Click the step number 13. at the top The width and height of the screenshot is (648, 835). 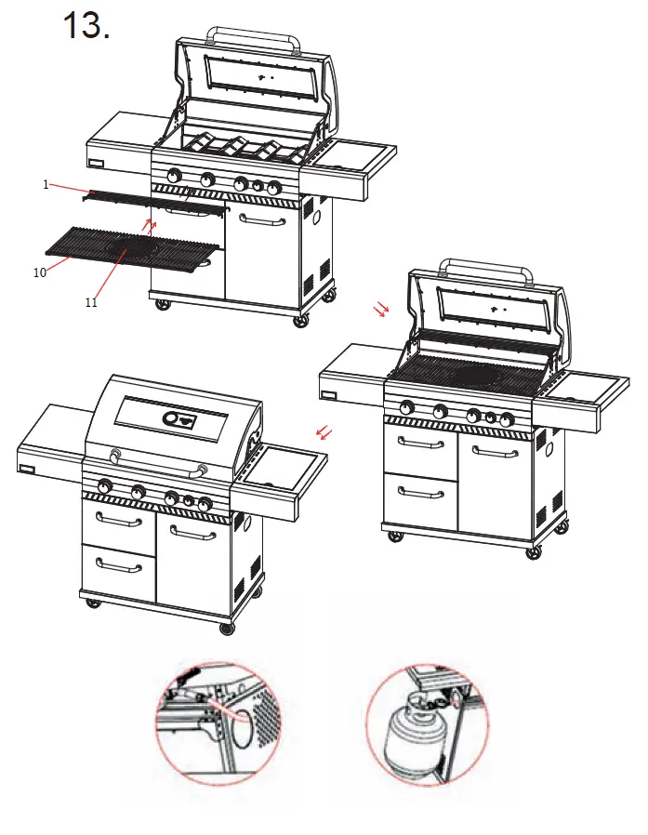(x=86, y=26)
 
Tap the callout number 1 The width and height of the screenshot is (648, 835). (x=45, y=184)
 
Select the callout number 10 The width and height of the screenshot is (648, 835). (x=39, y=272)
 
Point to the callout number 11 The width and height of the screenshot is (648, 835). (x=91, y=302)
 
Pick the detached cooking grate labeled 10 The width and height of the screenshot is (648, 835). (x=130, y=247)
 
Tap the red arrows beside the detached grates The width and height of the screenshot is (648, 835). (x=147, y=224)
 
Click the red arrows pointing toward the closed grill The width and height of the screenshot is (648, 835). (x=324, y=431)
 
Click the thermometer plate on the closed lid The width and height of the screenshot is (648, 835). (x=181, y=419)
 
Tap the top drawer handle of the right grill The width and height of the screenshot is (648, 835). (x=421, y=443)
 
